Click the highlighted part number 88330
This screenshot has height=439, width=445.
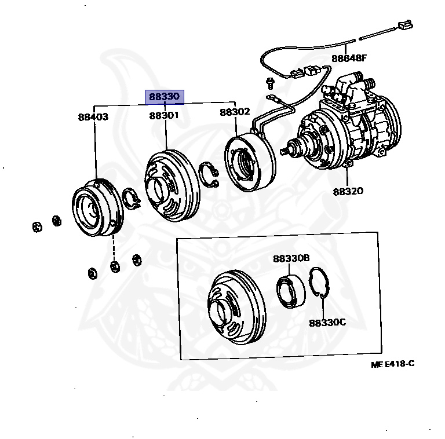[165, 97]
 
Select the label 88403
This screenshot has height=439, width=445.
[93, 116]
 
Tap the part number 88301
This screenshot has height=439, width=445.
[164, 116]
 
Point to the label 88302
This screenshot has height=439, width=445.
[235, 112]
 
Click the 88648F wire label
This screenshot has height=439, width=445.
[350, 58]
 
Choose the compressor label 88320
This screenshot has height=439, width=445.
[348, 191]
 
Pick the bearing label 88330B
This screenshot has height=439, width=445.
[291, 259]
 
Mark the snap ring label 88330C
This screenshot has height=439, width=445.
[327, 322]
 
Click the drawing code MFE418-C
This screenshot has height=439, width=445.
[393, 364]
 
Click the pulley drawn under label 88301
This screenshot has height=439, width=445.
[171, 185]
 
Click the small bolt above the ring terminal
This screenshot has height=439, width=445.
[270, 80]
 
